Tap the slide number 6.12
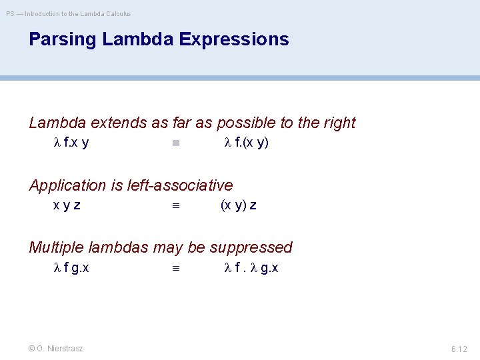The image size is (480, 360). pyautogui.click(x=459, y=349)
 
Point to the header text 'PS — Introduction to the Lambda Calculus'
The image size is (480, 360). pyautogui.click(x=69, y=13)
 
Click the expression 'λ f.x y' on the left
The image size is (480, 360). pyautogui.click(x=71, y=143)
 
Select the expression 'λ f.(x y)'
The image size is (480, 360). pyautogui.click(x=246, y=143)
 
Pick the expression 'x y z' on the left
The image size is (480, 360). pyautogui.click(x=67, y=205)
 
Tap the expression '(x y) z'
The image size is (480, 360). pyautogui.click(x=238, y=205)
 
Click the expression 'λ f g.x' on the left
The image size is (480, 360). pyautogui.click(x=71, y=268)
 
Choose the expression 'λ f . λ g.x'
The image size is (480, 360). pyautogui.click(x=251, y=268)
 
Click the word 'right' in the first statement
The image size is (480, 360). pyautogui.click(x=338, y=123)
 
